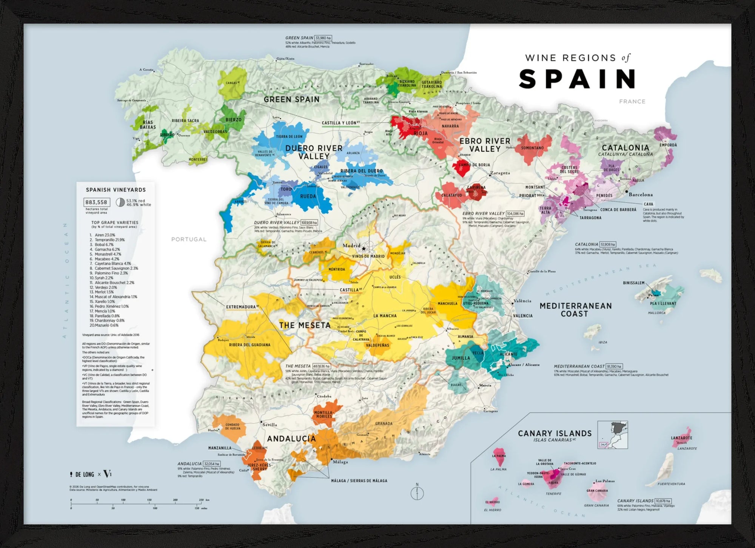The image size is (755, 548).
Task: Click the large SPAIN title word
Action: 577,79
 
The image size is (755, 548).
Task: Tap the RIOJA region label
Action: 421,133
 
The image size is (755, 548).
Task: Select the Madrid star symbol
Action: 364,249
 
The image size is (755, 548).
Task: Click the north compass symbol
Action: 417,492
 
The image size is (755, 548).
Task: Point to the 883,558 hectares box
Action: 97,202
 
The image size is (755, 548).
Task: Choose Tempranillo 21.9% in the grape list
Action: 109,240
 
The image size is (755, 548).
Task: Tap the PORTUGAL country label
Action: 189,239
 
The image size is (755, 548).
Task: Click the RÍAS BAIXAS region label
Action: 148,125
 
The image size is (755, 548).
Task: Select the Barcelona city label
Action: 641,195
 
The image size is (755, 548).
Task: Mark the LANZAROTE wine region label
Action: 681,438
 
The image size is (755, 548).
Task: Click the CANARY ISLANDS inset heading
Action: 555,434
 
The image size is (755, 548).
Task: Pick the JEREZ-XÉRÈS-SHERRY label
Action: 260,467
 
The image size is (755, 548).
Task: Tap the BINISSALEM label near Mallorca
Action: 633,283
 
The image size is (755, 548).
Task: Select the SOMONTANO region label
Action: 532,148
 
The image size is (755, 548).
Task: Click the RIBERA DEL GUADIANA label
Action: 250,345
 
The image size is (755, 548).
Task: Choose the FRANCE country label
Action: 632,102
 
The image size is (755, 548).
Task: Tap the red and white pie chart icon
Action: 120,202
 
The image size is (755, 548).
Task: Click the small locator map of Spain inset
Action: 613,435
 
